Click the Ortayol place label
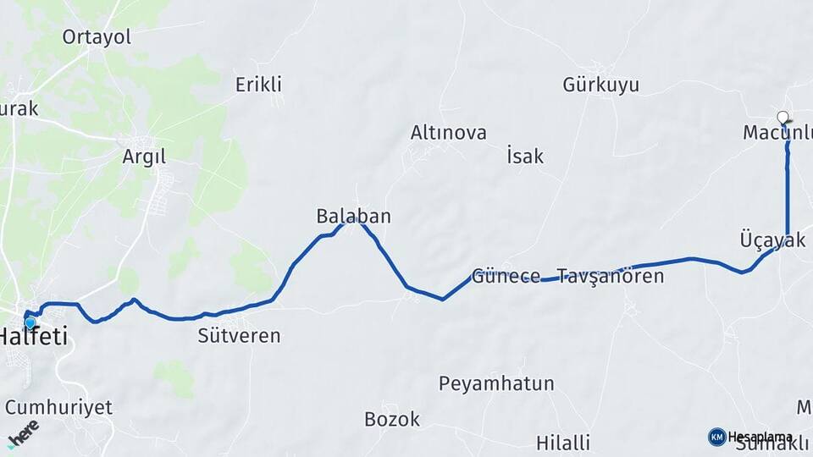click(x=97, y=36)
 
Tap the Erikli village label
click(x=258, y=85)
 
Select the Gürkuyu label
click(x=600, y=85)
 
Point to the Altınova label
click(x=448, y=133)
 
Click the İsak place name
click(x=525, y=157)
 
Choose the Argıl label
click(x=144, y=157)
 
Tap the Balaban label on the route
click(x=353, y=217)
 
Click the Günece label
click(x=506, y=276)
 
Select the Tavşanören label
click(x=610, y=277)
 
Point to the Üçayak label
click(x=772, y=240)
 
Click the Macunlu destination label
click(x=777, y=133)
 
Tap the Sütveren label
click(x=239, y=336)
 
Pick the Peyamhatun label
click(x=496, y=383)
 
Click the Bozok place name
click(x=391, y=419)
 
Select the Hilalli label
click(x=563, y=443)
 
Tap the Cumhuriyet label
click(x=58, y=407)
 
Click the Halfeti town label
click(x=34, y=337)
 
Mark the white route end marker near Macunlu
click(x=783, y=118)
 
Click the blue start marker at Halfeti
click(x=30, y=322)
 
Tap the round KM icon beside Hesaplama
click(x=716, y=437)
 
